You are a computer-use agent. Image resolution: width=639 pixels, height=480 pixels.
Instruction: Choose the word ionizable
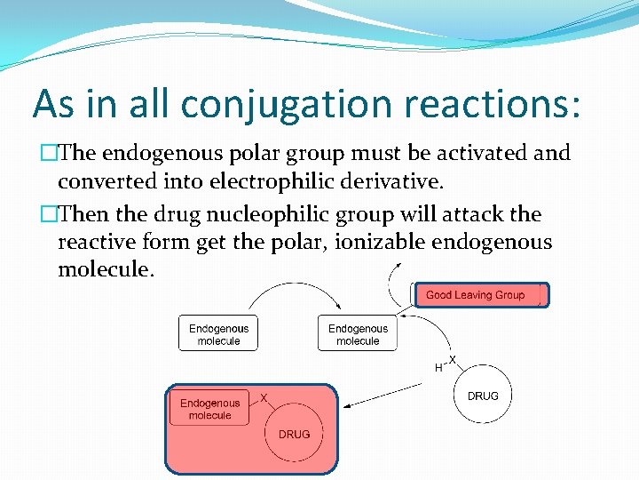[375, 242]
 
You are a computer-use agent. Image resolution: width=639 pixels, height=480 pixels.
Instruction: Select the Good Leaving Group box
[480, 295]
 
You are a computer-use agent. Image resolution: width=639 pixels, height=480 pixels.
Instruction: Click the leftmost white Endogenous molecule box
[218, 334]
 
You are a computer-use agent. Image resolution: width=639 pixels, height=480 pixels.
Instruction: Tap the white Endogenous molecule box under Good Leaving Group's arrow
[358, 334]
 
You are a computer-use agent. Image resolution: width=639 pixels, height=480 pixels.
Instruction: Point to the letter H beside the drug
[438, 367]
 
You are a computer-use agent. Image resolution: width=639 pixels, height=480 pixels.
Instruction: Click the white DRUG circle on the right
[483, 396]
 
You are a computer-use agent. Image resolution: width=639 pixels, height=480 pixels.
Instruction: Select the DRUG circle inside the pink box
[294, 434]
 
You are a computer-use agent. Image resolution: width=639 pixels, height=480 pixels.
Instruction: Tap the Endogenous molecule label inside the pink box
[209, 409]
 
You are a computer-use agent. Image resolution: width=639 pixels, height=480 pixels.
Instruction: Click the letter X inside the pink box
[264, 397]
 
